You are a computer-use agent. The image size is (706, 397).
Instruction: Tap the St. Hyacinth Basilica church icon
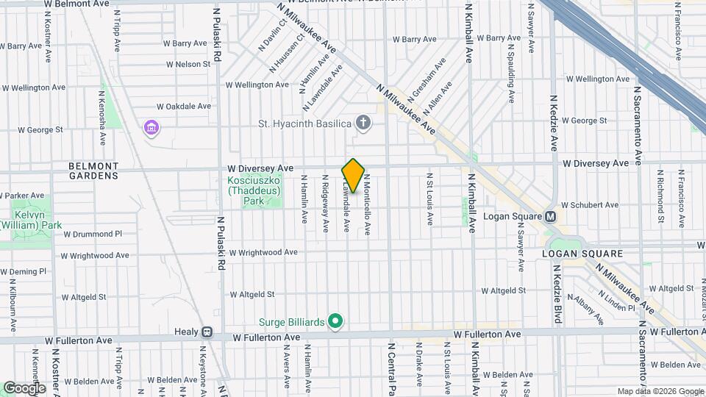(x=363, y=123)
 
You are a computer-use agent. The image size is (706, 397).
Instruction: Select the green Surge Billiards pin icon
(x=335, y=321)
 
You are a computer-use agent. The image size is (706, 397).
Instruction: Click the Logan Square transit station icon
(x=549, y=217)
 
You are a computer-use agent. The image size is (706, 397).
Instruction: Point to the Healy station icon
(x=207, y=332)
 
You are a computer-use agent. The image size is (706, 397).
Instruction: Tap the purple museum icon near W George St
(x=151, y=129)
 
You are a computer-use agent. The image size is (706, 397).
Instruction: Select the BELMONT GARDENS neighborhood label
(x=93, y=171)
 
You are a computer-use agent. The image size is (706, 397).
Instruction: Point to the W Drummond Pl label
(x=93, y=234)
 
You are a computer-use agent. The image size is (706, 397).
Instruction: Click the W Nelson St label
(x=188, y=65)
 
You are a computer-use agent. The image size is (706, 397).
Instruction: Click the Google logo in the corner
(x=24, y=387)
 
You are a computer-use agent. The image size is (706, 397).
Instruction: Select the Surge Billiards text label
(x=291, y=321)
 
